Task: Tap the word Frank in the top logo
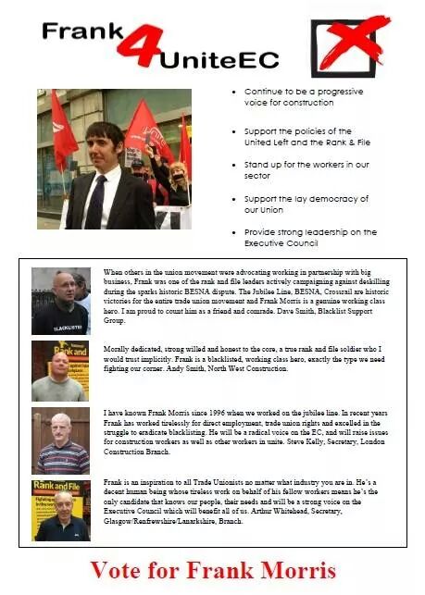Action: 81,33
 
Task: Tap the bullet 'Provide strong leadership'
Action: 310,237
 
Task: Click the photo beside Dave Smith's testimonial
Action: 60,302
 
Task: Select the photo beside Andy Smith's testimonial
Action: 60,369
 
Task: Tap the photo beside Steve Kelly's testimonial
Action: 60,440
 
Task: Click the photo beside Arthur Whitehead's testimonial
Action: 60,510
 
